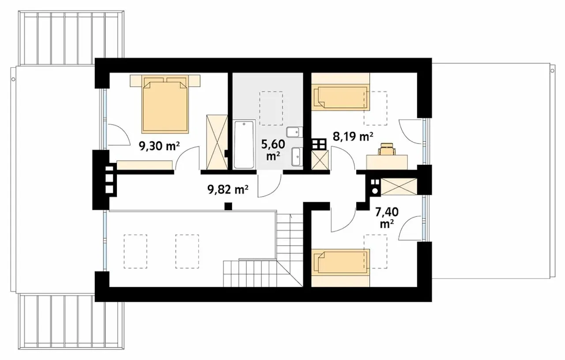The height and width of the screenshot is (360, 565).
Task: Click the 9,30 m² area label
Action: (159, 146)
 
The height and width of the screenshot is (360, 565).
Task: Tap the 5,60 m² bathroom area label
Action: (273, 150)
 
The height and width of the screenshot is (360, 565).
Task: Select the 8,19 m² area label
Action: (353, 136)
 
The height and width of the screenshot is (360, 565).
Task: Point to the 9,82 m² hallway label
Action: (228, 189)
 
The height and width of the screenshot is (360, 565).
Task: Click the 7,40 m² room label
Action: (387, 218)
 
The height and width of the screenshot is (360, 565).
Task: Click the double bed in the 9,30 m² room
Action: (165, 104)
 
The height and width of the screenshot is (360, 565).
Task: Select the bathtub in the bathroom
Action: (244, 144)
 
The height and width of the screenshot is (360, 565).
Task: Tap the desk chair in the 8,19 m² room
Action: (387, 148)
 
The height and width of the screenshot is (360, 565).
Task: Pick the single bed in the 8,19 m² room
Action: (340, 98)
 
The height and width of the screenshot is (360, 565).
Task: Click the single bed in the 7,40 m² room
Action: (340, 262)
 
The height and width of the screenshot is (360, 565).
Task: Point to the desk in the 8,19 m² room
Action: (387, 162)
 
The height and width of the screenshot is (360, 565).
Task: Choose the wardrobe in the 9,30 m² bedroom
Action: (217, 142)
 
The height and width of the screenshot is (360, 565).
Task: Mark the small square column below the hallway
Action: (228, 206)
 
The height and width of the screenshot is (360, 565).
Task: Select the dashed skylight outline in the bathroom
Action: (271, 108)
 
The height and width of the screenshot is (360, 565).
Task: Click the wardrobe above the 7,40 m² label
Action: (399, 186)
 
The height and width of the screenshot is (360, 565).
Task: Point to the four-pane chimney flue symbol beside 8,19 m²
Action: (319, 144)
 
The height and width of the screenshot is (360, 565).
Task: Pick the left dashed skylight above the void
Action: (135, 251)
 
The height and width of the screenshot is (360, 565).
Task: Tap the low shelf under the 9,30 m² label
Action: (144, 165)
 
